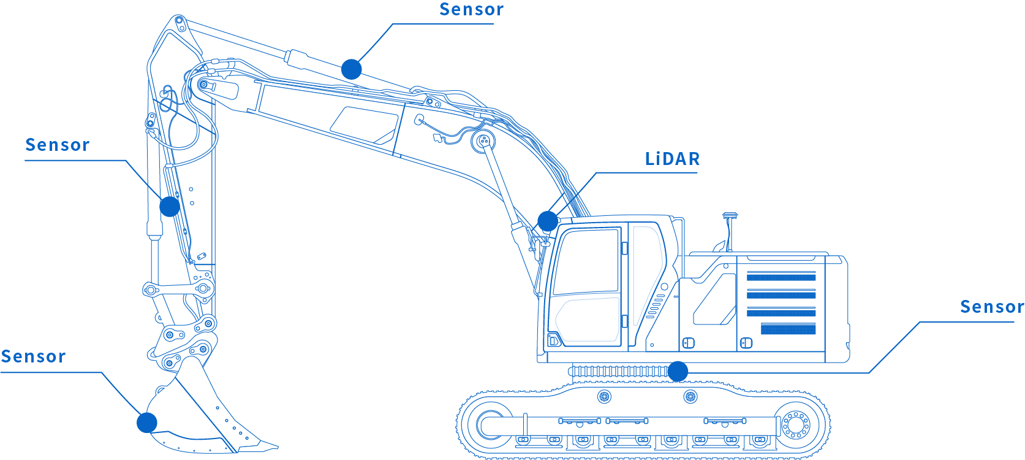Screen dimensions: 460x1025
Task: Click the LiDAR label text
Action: (x=671, y=159)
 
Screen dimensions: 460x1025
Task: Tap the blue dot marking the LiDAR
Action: (x=548, y=221)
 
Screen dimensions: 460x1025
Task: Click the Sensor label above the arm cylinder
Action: (x=471, y=10)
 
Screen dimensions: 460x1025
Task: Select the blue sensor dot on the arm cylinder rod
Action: (x=352, y=69)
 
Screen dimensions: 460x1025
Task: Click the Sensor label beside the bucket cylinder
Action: (x=57, y=145)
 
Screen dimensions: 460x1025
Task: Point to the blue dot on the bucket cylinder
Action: (x=170, y=206)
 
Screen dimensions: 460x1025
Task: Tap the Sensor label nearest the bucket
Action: (x=33, y=357)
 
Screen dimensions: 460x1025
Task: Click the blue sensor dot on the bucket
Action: (x=147, y=423)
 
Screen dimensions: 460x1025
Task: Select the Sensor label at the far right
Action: (x=991, y=307)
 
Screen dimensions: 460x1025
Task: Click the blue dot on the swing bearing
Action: (x=678, y=371)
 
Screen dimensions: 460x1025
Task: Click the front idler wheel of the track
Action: (x=490, y=423)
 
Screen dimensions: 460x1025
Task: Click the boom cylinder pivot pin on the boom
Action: (x=483, y=140)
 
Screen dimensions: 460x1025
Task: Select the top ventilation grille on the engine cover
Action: (x=781, y=277)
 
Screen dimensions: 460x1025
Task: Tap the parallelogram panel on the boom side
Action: (x=365, y=125)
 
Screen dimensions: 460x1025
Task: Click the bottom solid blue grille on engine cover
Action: (x=788, y=329)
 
